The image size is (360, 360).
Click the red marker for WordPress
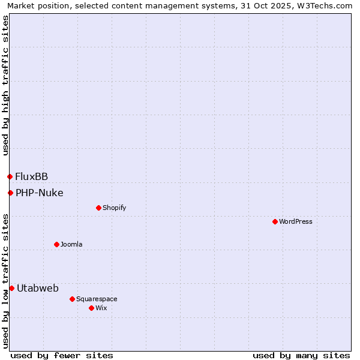(275, 221)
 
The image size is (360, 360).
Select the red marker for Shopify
(98, 208)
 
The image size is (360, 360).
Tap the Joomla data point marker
(56, 244)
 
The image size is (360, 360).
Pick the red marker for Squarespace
(72, 299)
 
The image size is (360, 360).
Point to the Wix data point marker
(91, 308)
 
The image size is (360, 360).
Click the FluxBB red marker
(10, 176)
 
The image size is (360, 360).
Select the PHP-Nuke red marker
(10, 193)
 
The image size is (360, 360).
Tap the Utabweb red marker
(11, 288)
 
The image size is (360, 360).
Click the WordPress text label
(296, 221)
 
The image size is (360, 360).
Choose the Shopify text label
(114, 208)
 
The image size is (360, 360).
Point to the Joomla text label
(71, 244)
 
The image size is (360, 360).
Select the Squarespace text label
(97, 299)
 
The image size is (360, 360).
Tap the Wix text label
(101, 308)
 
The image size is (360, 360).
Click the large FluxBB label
(32, 176)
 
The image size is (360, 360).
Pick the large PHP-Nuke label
(40, 193)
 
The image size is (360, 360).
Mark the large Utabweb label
(38, 288)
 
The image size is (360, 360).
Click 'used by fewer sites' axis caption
(62, 355)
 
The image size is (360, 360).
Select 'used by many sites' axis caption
(301, 355)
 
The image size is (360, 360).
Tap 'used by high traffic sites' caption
(5, 85)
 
